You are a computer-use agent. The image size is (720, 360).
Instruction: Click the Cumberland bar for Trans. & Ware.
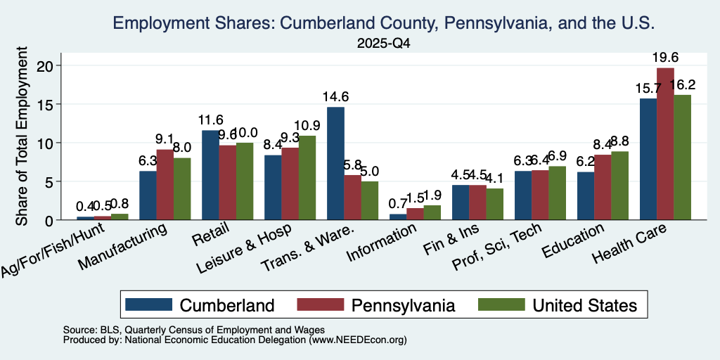335,163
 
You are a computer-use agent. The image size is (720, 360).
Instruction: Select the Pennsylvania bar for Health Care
665,144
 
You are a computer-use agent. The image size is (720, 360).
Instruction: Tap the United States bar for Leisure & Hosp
307,178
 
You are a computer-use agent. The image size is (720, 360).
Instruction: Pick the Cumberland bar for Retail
210,175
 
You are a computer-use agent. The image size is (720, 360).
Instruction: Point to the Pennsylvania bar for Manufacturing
165,185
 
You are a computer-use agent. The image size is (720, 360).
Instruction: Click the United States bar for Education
619,186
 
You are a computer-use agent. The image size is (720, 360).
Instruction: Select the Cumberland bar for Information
398,217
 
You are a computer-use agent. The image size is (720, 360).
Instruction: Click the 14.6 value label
335,97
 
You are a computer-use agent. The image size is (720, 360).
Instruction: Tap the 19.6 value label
665,58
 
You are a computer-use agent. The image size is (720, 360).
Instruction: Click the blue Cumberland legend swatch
148,304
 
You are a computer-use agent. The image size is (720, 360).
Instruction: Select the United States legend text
585,305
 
